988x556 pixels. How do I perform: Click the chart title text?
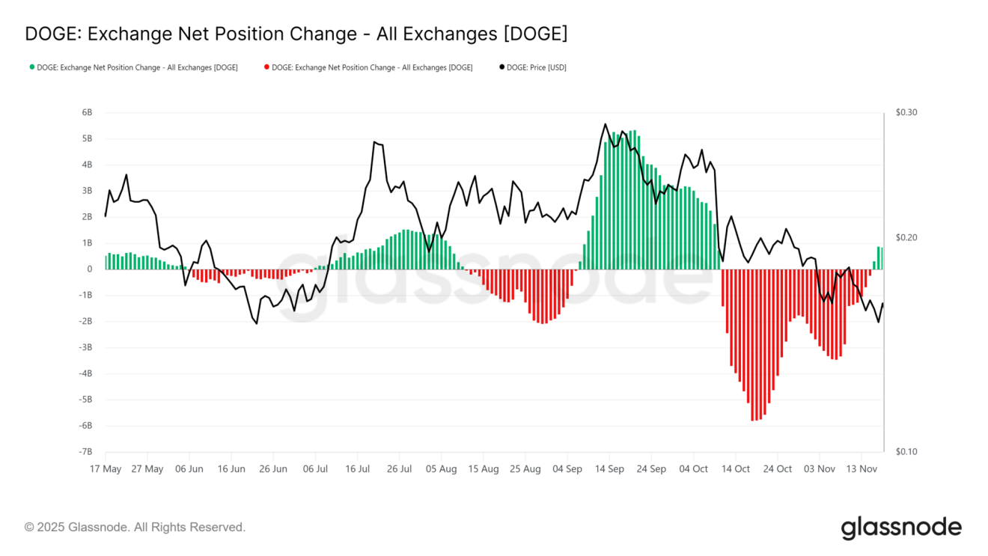(x=296, y=34)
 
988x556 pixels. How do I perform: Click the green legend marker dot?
(x=31, y=67)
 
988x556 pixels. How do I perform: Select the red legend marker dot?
(x=266, y=67)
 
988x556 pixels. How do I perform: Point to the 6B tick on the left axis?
(x=87, y=112)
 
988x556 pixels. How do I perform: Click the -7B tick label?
(x=85, y=452)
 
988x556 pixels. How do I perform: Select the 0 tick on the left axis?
(x=90, y=269)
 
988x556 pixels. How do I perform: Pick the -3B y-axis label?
(x=85, y=347)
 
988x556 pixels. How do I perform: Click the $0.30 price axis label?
(x=906, y=112)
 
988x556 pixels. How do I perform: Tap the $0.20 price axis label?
(x=906, y=237)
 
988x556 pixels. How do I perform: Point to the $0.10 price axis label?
(x=906, y=452)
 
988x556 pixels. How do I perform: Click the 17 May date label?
(x=106, y=469)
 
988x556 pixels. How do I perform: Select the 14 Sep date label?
(x=610, y=469)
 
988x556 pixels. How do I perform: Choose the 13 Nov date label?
(x=862, y=469)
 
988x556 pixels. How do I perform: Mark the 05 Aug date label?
(x=441, y=469)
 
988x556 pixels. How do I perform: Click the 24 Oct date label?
(x=778, y=469)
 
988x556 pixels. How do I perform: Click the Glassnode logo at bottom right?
(x=901, y=528)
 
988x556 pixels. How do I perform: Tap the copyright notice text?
(x=135, y=528)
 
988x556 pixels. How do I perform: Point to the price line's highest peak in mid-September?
(x=605, y=124)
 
